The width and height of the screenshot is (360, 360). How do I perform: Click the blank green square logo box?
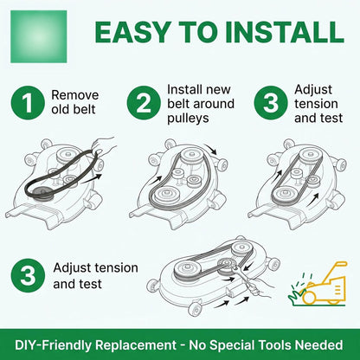point(39,36)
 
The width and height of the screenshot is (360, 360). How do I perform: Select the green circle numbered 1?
point(28,103)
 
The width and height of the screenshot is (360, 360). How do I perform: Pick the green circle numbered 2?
point(144,103)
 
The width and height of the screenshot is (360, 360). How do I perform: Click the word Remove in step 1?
point(75,95)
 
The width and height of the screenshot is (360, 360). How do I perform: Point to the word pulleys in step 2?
point(188,119)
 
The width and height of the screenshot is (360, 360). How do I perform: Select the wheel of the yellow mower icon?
point(309,297)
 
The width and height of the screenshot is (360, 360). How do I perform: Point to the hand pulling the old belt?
point(105,145)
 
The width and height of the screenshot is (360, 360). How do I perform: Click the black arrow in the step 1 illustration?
point(91,178)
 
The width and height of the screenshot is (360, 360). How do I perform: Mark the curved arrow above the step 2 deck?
point(210,148)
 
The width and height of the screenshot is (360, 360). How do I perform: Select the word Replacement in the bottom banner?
point(136,345)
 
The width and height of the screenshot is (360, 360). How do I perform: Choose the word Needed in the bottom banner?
point(319,345)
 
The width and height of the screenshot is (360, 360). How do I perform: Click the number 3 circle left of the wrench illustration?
point(28,276)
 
